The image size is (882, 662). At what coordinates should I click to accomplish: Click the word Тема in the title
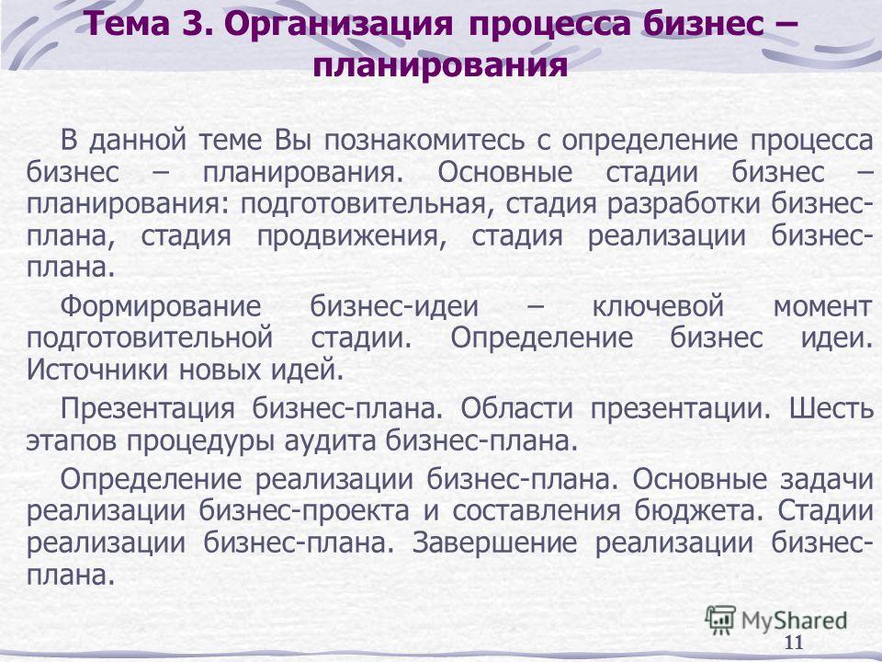127,25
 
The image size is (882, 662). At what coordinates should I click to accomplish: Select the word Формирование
161,307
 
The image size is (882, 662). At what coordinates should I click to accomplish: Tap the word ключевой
658,307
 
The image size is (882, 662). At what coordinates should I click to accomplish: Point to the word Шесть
831,408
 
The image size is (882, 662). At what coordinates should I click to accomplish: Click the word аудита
329,441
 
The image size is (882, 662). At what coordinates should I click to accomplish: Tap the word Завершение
494,543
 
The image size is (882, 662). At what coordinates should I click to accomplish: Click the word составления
537,512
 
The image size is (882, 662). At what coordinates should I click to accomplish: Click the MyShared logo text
794,621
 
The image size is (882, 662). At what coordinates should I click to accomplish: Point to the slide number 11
794,643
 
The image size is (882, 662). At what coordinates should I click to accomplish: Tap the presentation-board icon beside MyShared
720,621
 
